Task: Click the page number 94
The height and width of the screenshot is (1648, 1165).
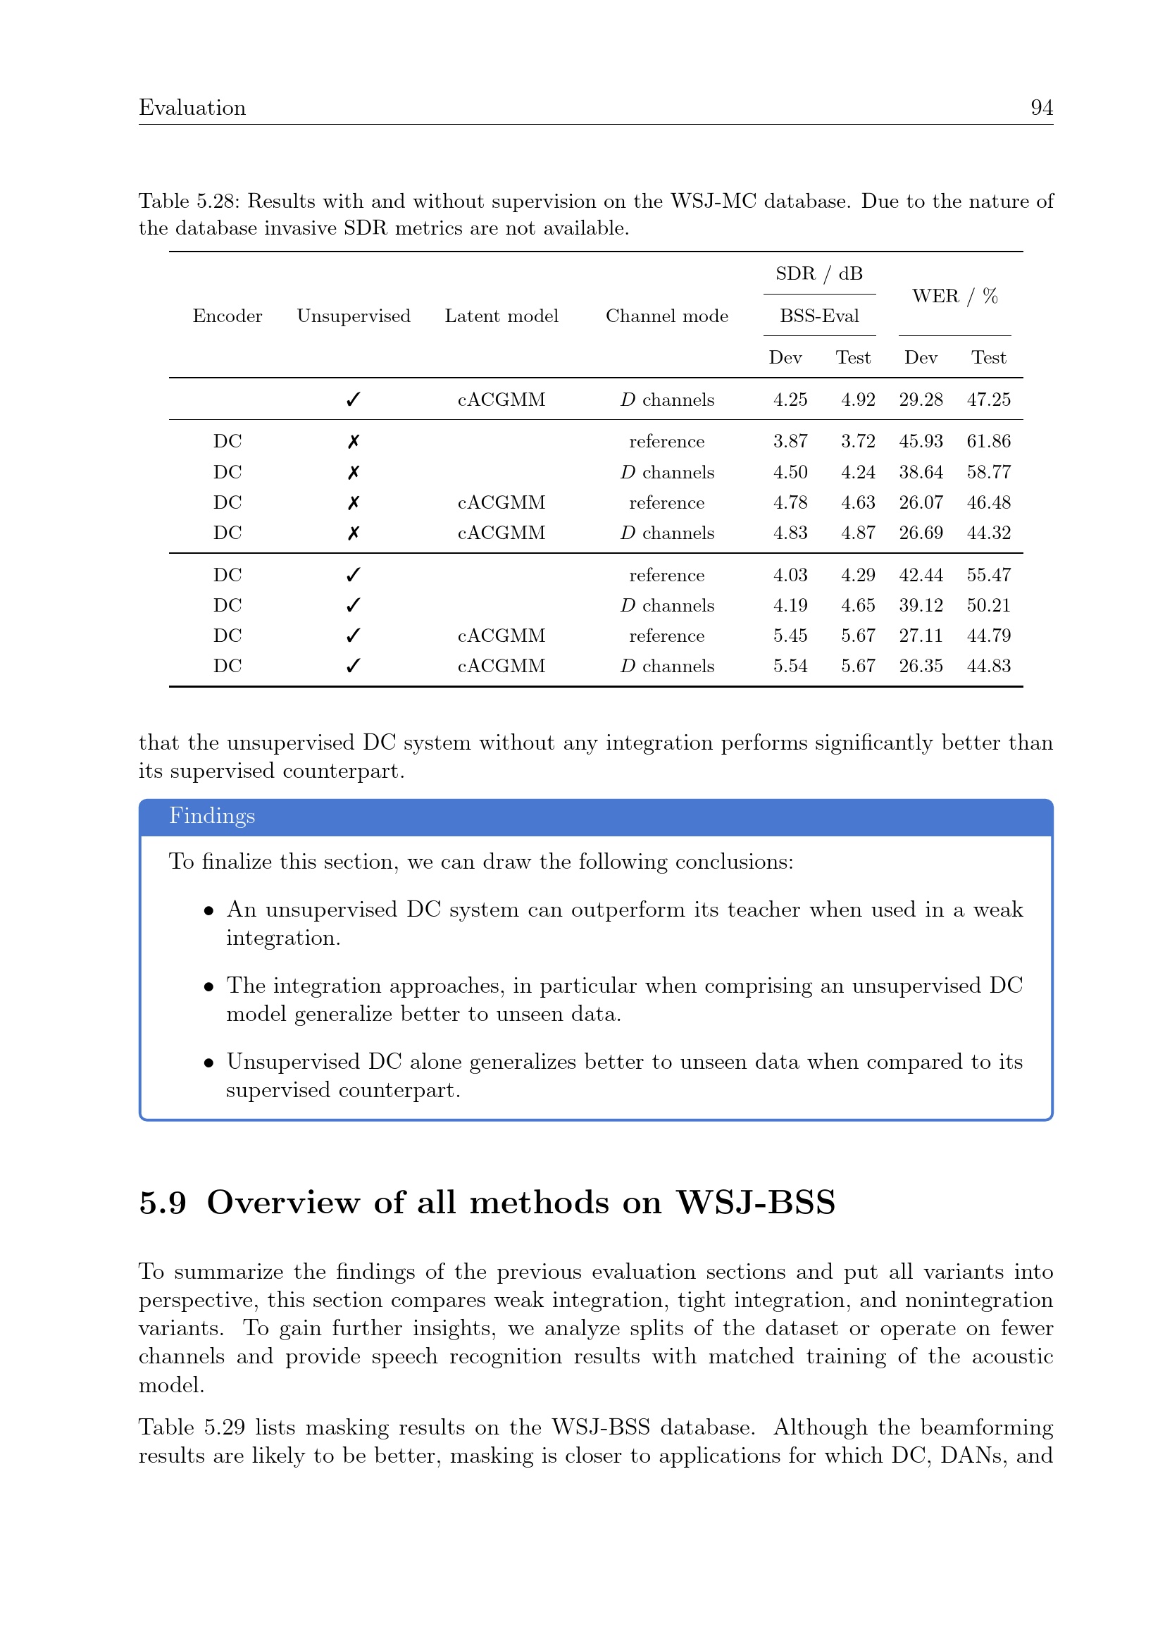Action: pyautogui.click(x=1041, y=108)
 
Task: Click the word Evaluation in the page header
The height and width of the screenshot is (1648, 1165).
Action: pyautogui.click(x=192, y=108)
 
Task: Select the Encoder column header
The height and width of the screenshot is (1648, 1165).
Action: pyautogui.click(x=228, y=316)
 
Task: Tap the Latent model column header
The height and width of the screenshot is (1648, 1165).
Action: pyautogui.click(x=501, y=316)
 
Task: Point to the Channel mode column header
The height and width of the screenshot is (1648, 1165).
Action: pyautogui.click(x=666, y=316)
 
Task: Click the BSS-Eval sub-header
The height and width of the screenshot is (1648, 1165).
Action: pyautogui.click(x=819, y=316)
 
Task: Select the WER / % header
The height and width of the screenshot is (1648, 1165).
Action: pyautogui.click(x=954, y=296)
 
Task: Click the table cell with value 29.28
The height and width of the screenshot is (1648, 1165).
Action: pyautogui.click(x=921, y=399)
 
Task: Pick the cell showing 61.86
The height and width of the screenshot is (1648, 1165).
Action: pyautogui.click(x=988, y=442)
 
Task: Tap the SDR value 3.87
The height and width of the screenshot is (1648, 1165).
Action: pyautogui.click(x=790, y=442)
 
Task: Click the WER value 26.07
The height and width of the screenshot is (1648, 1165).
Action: pyautogui.click(x=921, y=502)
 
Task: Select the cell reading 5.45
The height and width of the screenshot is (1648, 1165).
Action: pyautogui.click(x=790, y=636)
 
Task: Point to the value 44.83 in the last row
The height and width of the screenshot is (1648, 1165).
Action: pyautogui.click(x=988, y=666)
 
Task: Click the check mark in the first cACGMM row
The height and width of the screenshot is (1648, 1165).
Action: pyautogui.click(x=353, y=399)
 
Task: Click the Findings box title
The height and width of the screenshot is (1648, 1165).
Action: pyautogui.click(x=211, y=816)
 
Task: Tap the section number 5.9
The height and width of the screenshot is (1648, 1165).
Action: pyautogui.click(x=163, y=1203)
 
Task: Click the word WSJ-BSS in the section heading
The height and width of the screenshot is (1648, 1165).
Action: pyautogui.click(x=755, y=1203)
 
